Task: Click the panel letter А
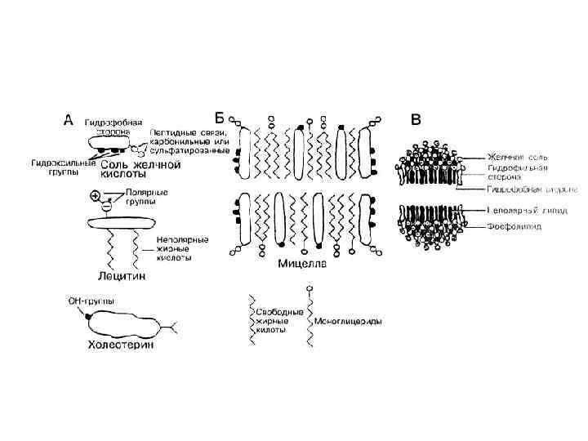71,119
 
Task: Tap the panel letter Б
218,117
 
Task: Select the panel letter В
416,119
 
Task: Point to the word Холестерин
120,345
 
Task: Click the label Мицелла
303,264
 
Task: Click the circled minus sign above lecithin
105,208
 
